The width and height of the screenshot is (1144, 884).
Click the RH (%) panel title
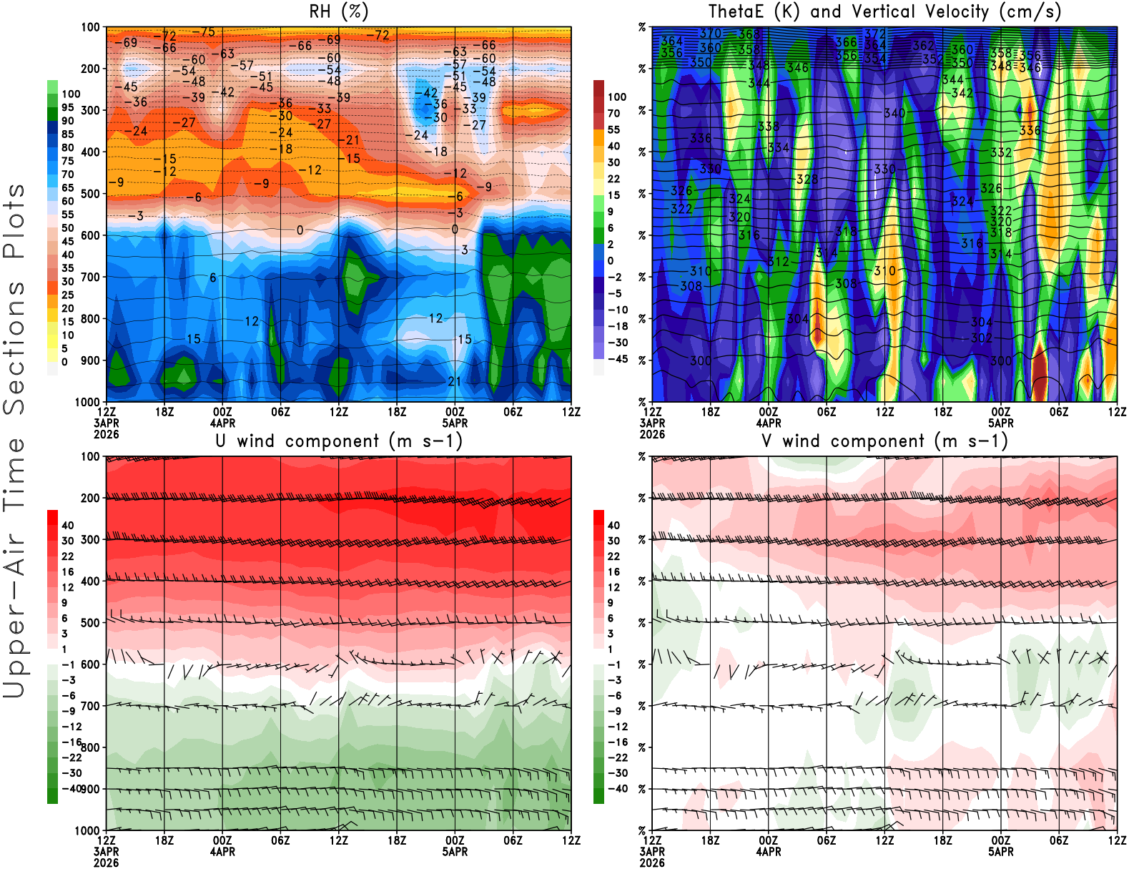[x=339, y=11]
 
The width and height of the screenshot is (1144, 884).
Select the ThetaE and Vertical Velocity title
[x=884, y=11]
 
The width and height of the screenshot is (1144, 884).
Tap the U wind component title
[x=339, y=441]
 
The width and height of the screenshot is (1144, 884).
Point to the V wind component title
[x=884, y=441]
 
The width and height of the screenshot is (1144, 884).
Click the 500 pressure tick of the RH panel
[x=90, y=194]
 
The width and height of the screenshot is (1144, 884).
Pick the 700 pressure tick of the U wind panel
[x=90, y=706]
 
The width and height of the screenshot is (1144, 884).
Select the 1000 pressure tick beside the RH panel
[x=87, y=402]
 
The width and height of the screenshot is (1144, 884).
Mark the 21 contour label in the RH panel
[x=454, y=381]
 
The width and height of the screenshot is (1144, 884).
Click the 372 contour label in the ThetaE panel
[x=874, y=34]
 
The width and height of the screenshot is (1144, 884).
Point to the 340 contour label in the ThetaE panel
[x=894, y=113]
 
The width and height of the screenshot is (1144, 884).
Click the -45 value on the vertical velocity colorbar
[x=617, y=359]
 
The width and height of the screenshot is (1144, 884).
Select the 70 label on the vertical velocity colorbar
[x=613, y=113]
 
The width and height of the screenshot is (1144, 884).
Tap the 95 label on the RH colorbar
[x=67, y=107]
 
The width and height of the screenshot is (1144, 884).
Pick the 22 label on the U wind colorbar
[x=67, y=556]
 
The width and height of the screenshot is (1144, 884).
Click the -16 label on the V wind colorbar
[x=617, y=742]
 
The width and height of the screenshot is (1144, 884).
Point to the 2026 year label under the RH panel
[x=107, y=434]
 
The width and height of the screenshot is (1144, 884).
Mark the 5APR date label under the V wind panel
[x=1001, y=852]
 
